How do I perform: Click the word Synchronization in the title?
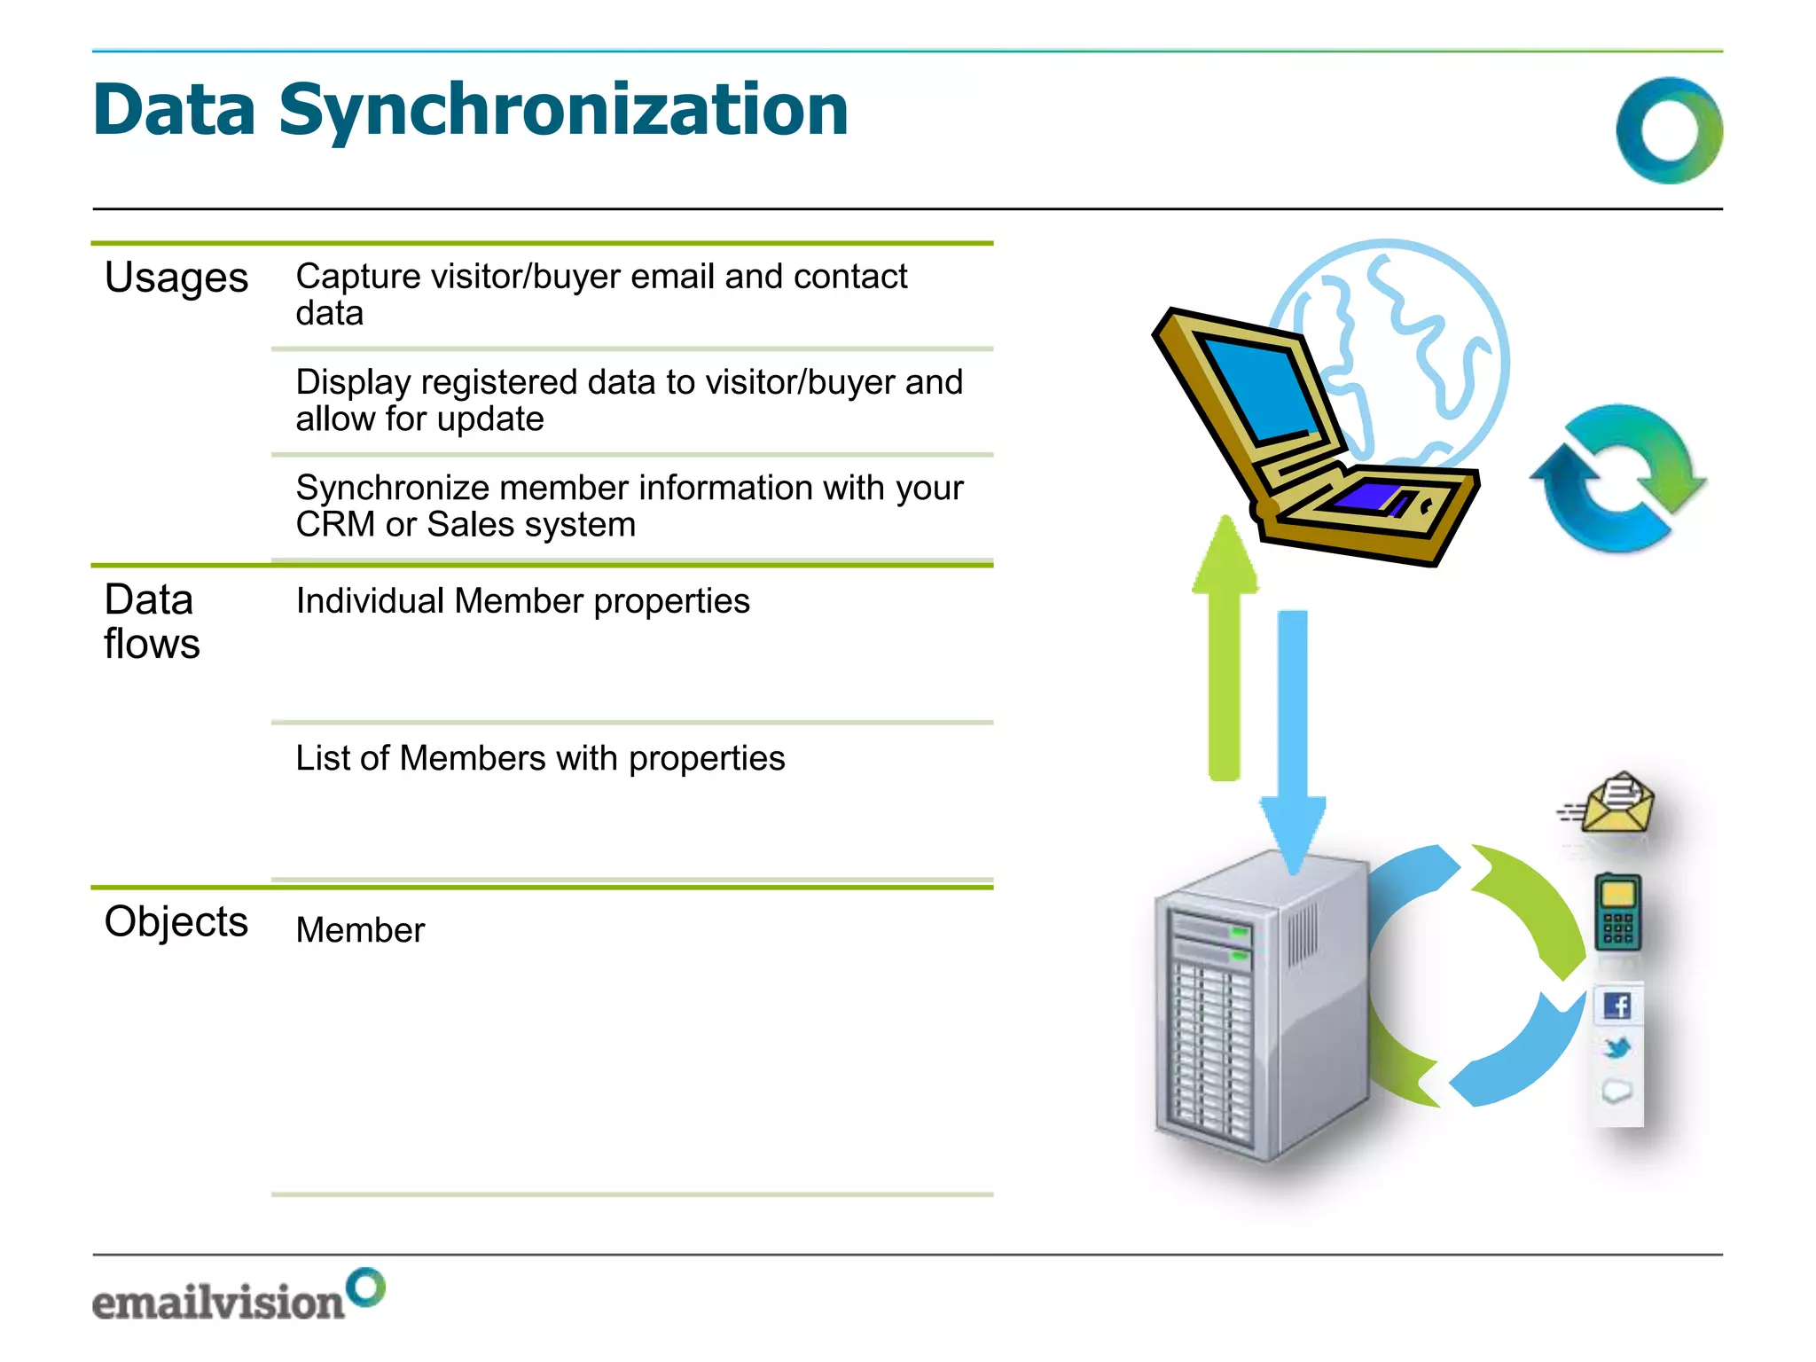pyautogui.click(x=563, y=111)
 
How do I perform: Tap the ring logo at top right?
pyautogui.click(x=1669, y=130)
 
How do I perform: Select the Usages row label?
pyautogui.click(x=176, y=278)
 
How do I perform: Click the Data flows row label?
pyautogui.click(x=151, y=621)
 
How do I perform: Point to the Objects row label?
pyautogui.click(x=176, y=921)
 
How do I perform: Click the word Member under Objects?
pyautogui.click(x=360, y=930)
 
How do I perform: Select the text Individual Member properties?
pyautogui.click(x=522, y=601)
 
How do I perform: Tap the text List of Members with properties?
pyautogui.click(x=540, y=758)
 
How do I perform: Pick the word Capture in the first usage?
pyautogui.click(x=358, y=277)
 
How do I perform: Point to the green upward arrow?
pyautogui.click(x=1225, y=647)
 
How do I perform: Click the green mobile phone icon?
pyautogui.click(x=1617, y=912)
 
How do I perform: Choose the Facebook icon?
pyautogui.click(x=1617, y=1006)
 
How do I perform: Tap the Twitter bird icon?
pyautogui.click(x=1617, y=1048)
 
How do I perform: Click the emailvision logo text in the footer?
pyautogui.click(x=218, y=1302)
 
